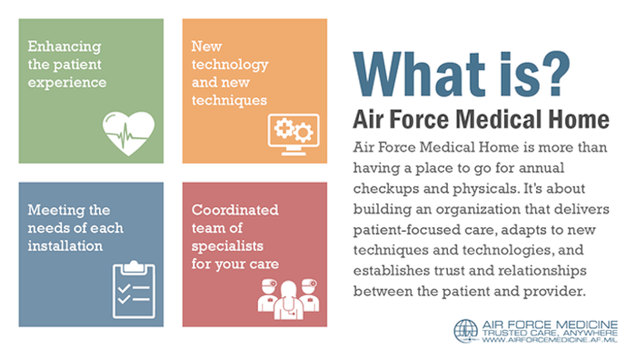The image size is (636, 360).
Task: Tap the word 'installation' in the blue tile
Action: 65,245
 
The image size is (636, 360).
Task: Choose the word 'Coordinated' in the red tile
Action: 234,208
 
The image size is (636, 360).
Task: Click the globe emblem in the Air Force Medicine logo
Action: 465,332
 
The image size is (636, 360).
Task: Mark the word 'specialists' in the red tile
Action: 227,245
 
